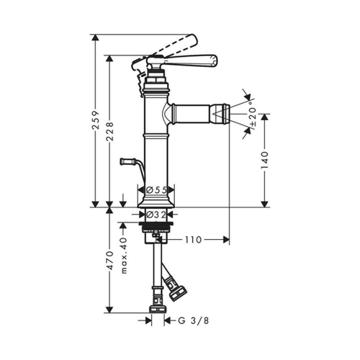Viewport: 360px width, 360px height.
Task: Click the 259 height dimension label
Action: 96,120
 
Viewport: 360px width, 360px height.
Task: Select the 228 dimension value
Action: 109,132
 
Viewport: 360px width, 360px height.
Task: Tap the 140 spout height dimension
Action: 264,160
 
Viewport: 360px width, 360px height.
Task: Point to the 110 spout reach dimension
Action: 193,240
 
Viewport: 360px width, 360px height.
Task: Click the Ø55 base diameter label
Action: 156,190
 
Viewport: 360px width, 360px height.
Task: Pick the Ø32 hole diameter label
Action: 156,215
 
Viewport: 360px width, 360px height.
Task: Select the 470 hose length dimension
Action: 109,261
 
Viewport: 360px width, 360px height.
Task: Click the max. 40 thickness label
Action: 124,256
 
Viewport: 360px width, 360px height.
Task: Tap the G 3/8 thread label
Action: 194,320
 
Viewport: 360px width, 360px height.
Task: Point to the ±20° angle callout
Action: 253,114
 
